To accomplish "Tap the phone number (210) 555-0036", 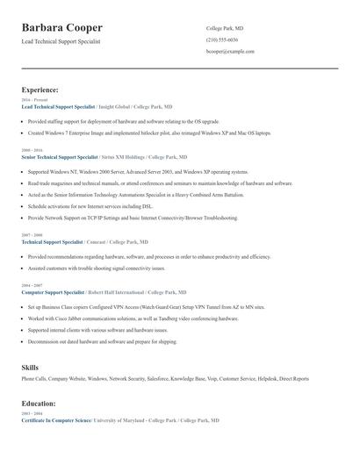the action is coord(221,40).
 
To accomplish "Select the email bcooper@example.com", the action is coord(230,52).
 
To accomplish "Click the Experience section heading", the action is coord(40,89).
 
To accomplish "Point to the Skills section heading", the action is coord(30,368).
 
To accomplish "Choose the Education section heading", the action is coord(39,404).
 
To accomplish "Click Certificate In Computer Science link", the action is coord(56,421).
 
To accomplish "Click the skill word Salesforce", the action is coord(158,379).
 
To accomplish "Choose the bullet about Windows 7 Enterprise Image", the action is coord(149,132).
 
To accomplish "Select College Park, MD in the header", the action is coord(224,28).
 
